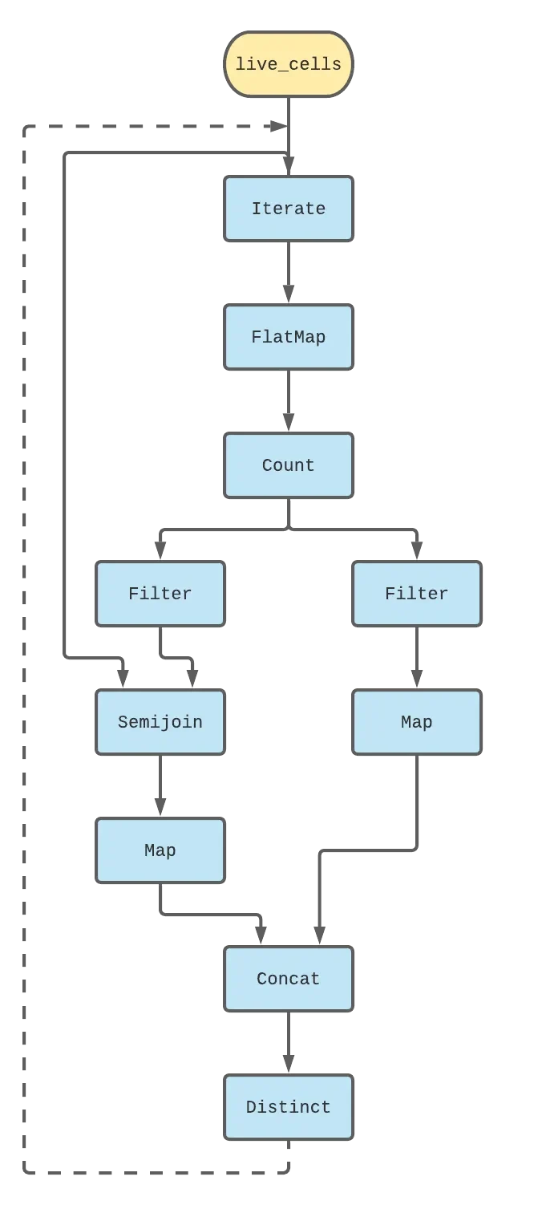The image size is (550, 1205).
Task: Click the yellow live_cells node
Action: [288, 64]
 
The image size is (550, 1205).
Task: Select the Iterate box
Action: [288, 209]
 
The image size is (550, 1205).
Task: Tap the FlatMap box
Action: [288, 337]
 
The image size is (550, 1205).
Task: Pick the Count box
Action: [288, 465]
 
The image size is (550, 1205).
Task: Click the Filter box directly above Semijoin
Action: [160, 594]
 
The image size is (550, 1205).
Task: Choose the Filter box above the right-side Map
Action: [416, 594]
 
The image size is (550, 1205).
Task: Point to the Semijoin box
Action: [160, 722]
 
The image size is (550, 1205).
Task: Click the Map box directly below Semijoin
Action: [160, 850]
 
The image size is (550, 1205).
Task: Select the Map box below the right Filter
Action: [416, 722]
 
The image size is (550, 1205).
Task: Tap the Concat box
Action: [288, 979]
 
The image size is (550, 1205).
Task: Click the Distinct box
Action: [288, 1107]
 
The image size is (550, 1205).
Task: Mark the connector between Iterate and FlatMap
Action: [288, 273]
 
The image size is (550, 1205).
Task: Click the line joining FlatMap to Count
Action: [288, 401]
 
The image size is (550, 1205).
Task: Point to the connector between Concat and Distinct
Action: [288, 1043]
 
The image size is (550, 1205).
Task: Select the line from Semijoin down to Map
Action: [160, 786]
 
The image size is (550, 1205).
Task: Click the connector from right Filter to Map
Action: [416, 658]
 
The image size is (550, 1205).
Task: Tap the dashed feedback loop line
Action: [26, 642]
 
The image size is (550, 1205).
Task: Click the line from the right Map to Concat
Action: [416, 810]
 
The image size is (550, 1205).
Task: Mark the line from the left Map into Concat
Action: [208, 913]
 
